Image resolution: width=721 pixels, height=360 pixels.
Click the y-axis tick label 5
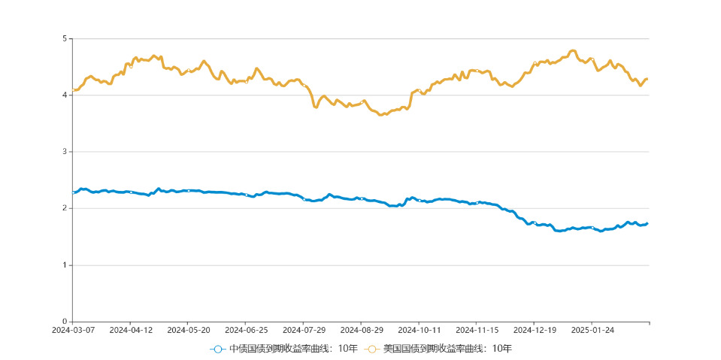(65, 38)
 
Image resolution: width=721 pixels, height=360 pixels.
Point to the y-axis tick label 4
(65, 95)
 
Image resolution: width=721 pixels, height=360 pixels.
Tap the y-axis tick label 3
(65, 152)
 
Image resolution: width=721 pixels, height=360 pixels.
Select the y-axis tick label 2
(65, 208)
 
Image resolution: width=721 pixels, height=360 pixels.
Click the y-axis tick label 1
(65, 265)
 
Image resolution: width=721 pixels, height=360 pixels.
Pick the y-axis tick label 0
(65, 322)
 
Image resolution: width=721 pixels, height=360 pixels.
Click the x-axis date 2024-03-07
(73, 330)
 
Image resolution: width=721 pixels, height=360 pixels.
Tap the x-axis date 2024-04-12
(131, 330)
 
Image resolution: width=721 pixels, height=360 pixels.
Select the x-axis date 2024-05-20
(188, 330)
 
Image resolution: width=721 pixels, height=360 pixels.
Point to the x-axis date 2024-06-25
(246, 330)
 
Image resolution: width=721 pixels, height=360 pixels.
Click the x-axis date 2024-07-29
(304, 330)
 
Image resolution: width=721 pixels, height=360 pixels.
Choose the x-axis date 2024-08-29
(362, 330)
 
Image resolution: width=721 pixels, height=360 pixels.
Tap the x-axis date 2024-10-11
(419, 330)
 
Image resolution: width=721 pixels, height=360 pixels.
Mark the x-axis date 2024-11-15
(477, 330)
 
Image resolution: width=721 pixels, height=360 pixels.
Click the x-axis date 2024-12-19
(535, 330)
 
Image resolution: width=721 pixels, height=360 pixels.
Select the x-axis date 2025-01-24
(592, 330)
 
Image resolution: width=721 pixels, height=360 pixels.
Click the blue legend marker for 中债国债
(218, 349)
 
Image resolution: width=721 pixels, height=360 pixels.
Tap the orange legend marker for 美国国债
(371, 349)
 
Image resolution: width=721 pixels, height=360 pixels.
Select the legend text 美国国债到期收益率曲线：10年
(447, 349)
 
